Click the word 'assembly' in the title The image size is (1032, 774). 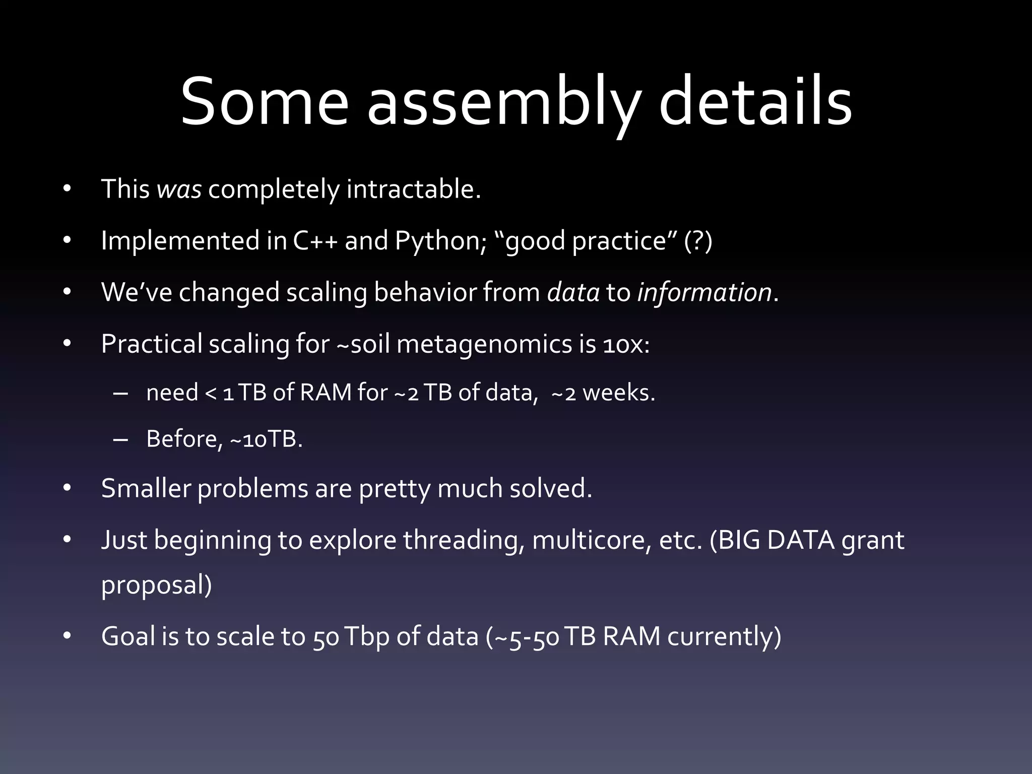[503, 103]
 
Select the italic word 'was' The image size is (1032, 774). [179, 189]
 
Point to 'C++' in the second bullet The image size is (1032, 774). [315, 241]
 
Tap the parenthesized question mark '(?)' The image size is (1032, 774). [698, 241]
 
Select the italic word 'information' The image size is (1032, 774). [704, 293]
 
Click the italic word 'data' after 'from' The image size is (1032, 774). [573, 293]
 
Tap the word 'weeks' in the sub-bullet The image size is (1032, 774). [618, 393]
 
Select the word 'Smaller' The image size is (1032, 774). [146, 488]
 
